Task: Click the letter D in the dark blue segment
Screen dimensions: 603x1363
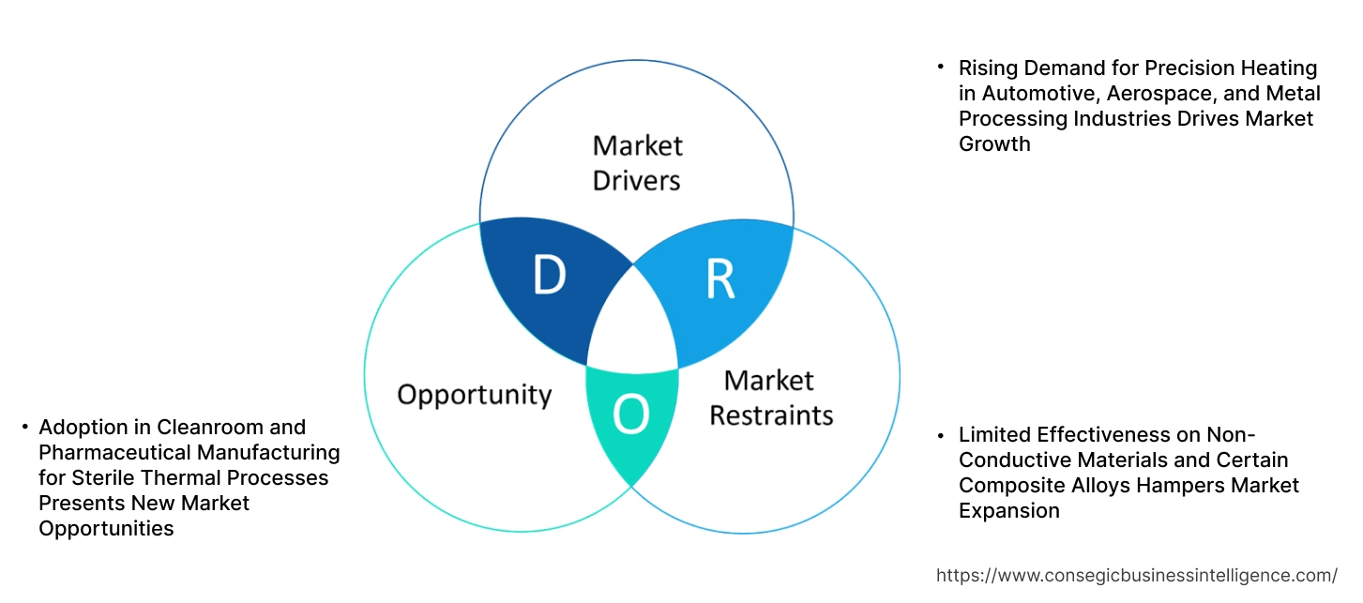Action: coord(549,275)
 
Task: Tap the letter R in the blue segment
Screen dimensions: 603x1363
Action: coord(719,279)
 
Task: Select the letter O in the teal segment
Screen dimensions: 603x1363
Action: coord(630,415)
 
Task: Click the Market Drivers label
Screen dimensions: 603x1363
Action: coord(637,162)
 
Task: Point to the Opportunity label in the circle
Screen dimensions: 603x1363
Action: coord(474,394)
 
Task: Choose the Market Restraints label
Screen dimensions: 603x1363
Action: coord(770,398)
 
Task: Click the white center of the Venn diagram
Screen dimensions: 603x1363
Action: coord(633,324)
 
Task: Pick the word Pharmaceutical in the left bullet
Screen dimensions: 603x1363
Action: coord(104,453)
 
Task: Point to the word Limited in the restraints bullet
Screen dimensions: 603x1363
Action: coord(994,435)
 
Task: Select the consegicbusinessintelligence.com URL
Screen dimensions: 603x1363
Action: coord(1137,575)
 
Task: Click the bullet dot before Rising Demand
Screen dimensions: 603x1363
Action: coord(941,68)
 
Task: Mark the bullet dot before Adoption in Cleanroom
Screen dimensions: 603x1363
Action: coord(24,428)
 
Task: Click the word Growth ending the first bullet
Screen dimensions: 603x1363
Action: coord(993,144)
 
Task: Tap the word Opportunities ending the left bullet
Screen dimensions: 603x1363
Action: coord(106,529)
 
